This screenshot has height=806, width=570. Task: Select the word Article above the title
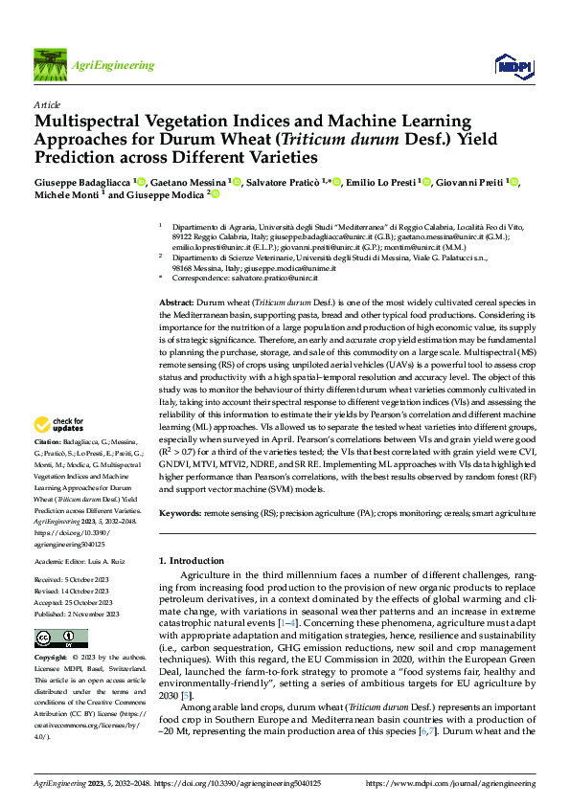[x=46, y=104]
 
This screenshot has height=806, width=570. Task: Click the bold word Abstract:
[x=176, y=301]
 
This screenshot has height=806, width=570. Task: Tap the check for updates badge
[x=61, y=424]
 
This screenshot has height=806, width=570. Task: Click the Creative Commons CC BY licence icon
[x=60, y=638]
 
